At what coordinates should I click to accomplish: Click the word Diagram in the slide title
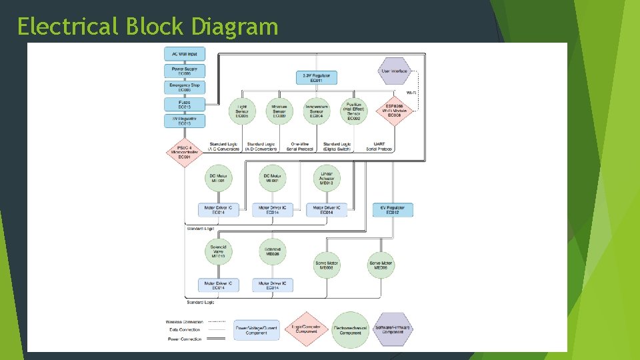[234, 26]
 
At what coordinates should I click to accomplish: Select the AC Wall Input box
[185, 53]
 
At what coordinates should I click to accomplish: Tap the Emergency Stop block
[185, 87]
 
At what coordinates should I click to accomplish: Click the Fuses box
[185, 104]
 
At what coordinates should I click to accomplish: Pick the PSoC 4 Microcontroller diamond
[184, 152]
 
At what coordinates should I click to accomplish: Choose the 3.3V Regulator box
[317, 78]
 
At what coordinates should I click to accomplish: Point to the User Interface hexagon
[394, 71]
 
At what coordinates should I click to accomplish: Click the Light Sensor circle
[242, 111]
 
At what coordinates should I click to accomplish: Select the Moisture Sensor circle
[279, 111]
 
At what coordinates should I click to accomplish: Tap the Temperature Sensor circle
[317, 111]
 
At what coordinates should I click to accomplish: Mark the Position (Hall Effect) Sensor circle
[353, 111]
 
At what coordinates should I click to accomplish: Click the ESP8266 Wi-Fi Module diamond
[394, 111]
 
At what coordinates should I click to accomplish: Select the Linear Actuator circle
[326, 177]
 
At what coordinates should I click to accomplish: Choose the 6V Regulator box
[393, 210]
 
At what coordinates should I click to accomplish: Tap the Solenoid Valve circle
[219, 251]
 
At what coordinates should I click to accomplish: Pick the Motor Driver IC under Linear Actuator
[326, 210]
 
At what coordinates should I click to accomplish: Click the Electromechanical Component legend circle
[350, 329]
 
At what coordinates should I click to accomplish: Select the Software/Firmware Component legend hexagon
[393, 329]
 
